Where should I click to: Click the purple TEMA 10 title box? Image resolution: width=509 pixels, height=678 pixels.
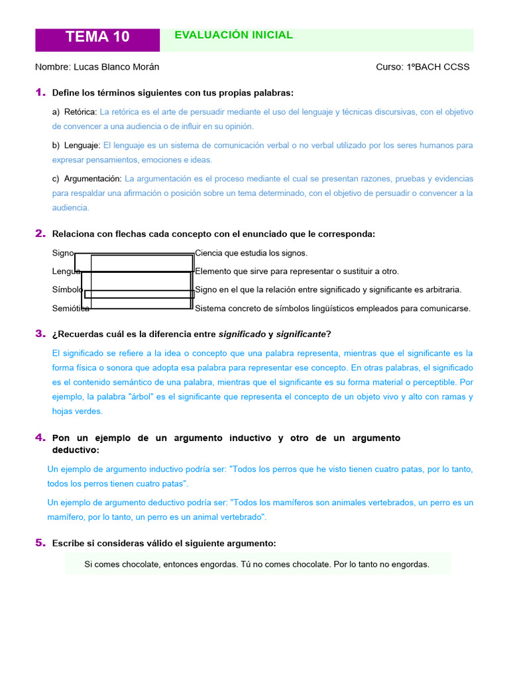click(x=97, y=38)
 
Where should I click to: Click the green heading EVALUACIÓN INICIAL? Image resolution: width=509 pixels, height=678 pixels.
click(x=233, y=35)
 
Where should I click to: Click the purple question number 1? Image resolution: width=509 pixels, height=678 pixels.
click(x=40, y=92)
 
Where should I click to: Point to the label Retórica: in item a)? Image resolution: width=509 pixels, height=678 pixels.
click(x=80, y=112)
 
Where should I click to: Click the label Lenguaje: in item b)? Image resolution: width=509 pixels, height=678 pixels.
click(x=82, y=145)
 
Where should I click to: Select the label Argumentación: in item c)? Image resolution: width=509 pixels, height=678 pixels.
click(x=93, y=179)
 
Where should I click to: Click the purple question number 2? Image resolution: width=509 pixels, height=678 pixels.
click(x=40, y=233)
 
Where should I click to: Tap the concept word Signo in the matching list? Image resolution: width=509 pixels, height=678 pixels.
click(x=63, y=253)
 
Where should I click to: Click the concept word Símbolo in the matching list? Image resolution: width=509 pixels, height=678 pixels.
click(x=67, y=289)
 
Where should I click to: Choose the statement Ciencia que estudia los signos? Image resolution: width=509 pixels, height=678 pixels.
click(x=251, y=253)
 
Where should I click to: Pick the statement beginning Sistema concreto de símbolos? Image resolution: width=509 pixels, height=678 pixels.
click(x=333, y=308)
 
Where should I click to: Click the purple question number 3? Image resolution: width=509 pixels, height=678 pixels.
click(x=40, y=333)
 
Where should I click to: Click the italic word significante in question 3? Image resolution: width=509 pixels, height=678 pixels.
click(x=301, y=334)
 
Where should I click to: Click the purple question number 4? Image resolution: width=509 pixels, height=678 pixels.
click(x=40, y=438)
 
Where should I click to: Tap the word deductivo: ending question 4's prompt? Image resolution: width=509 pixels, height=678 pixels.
click(x=76, y=450)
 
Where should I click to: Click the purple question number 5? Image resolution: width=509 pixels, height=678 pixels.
click(x=40, y=543)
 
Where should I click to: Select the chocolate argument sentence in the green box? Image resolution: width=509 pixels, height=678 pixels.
click(x=257, y=564)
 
